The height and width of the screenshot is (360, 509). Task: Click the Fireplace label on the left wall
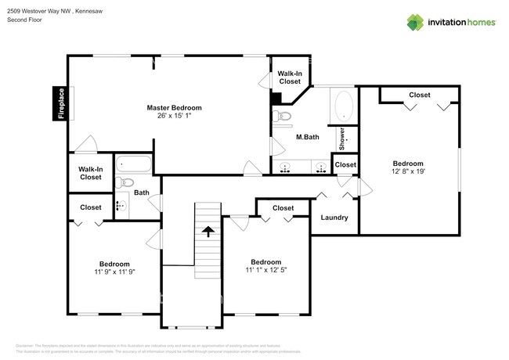click(x=60, y=103)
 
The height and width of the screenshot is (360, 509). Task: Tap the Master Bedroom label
click(x=174, y=107)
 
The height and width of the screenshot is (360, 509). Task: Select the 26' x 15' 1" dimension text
click(x=174, y=116)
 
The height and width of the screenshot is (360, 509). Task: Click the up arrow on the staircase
click(x=208, y=231)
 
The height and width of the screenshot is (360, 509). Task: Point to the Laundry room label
click(x=334, y=218)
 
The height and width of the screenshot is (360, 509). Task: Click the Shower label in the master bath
click(x=342, y=138)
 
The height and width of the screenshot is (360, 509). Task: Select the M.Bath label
click(x=307, y=138)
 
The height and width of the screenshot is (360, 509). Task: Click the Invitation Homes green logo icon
click(x=415, y=22)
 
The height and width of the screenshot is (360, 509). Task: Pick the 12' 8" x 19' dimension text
click(x=408, y=171)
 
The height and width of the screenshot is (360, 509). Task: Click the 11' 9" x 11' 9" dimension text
click(x=114, y=272)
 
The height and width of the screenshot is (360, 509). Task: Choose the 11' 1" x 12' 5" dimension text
click(x=266, y=270)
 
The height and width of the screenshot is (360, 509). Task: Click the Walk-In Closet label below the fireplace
click(x=90, y=173)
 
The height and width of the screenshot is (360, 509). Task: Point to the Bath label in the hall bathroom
click(x=141, y=192)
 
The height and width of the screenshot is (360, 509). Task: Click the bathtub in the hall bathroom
click(x=134, y=165)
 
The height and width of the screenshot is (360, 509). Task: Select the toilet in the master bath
click(x=283, y=117)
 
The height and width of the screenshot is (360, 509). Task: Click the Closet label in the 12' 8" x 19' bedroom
click(x=419, y=95)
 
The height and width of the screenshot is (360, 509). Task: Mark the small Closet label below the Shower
click(x=345, y=164)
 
